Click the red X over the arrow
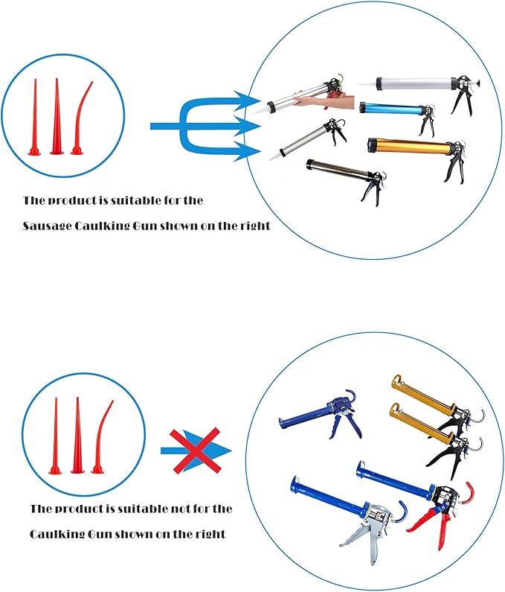[x=196, y=451]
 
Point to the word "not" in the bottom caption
[x=181, y=509]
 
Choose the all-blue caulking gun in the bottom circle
[x=321, y=416]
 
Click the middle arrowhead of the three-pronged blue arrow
[x=249, y=126]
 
